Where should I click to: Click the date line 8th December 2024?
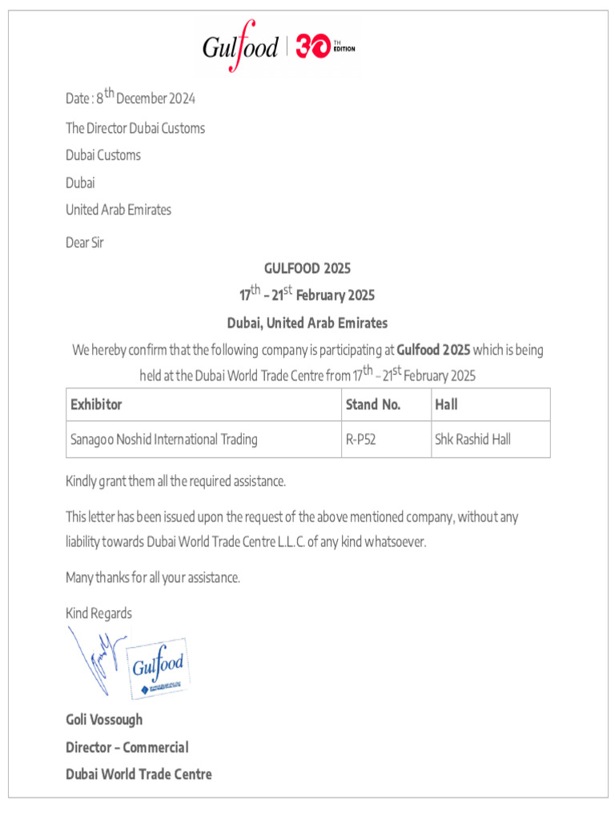pos(131,98)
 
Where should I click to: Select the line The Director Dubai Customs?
pos(135,128)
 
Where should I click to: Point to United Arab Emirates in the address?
pos(119,210)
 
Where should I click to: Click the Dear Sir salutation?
pos(85,242)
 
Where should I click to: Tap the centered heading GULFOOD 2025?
pos(307,268)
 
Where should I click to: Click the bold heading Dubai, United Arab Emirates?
pos(307,323)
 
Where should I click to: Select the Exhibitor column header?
pos(96,404)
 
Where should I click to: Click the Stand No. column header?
pos(373,404)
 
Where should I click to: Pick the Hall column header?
pos(446,404)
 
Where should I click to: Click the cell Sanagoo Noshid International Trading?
pos(164,440)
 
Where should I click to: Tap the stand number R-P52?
pos(361,440)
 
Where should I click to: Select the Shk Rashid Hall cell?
pos(472,440)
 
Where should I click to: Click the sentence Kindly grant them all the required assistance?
pos(175,481)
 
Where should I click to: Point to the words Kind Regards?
pos(98,613)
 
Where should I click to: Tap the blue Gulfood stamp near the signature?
pos(159,667)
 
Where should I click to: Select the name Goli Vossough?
pos(104,719)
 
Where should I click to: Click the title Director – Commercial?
pos(127,747)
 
